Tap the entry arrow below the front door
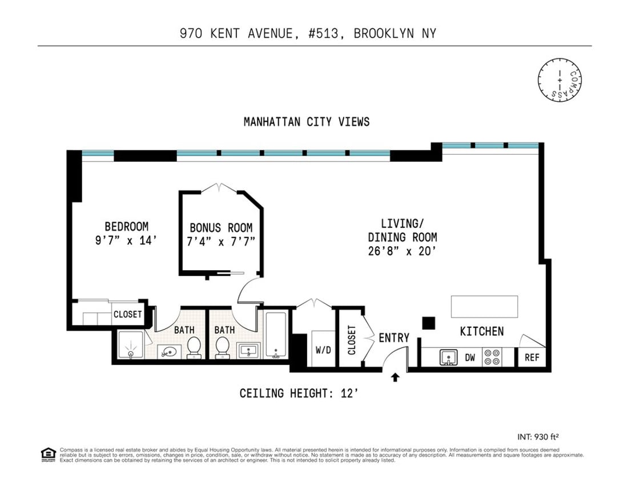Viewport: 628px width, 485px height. [x=395, y=376]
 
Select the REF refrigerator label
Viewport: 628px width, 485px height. [x=532, y=358]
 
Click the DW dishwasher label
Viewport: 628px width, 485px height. [x=470, y=358]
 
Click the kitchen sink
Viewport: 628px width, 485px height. [x=449, y=358]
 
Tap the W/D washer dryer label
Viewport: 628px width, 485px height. [x=323, y=350]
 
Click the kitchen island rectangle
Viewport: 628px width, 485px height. [x=485, y=306]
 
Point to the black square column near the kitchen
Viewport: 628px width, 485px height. [x=429, y=323]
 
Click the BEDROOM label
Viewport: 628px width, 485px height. [x=126, y=226]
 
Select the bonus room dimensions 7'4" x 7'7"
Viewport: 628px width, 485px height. [x=222, y=241]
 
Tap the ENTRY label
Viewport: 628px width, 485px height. [x=394, y=338]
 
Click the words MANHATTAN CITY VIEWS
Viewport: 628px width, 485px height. [x=307, y=122]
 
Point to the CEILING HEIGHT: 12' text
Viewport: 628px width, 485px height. [x=299, y=393]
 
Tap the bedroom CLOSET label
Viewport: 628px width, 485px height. [x=127, y=315]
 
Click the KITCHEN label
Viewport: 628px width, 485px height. [x=482, y=331]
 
